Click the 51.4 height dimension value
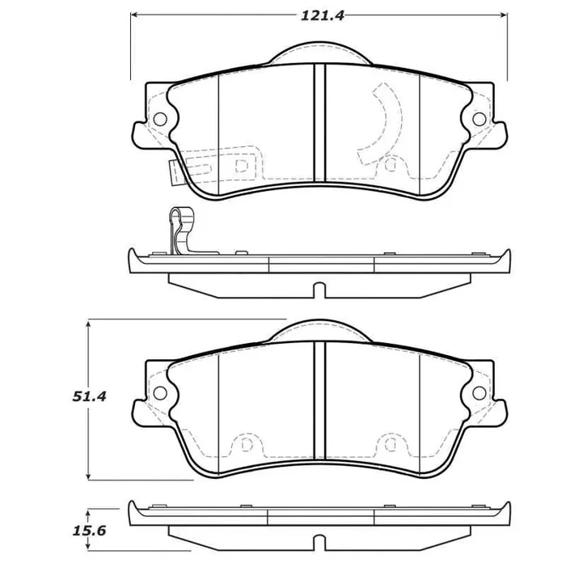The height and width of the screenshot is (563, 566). point(90,396)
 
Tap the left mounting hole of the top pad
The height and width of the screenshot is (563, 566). point(159,118)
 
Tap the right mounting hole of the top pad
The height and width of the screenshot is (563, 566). point(479,119)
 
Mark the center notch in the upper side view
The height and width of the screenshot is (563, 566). point(319,290)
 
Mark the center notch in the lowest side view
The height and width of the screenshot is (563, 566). point(319,540)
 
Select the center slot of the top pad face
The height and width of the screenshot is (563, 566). point(319,121)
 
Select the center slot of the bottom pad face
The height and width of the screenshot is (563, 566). point(319,396)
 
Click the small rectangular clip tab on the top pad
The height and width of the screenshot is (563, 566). point(176,171)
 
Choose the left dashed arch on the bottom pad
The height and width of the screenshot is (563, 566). point(242,446)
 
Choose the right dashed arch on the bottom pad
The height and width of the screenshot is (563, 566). point(391,446)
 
